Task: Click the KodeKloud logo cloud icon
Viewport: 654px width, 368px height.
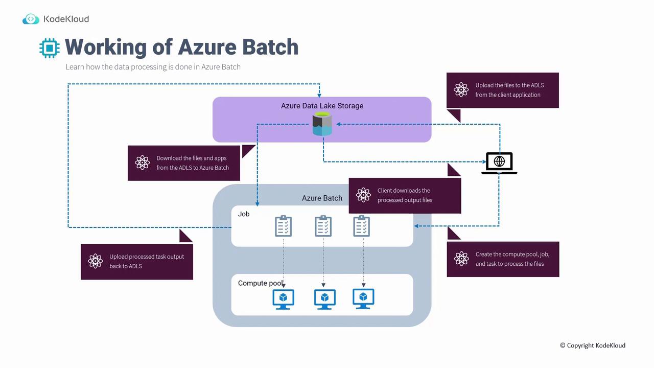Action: pos(31,19)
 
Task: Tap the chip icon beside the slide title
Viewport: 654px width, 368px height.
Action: pos(50,48)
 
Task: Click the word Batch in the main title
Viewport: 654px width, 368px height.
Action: pos(270,47)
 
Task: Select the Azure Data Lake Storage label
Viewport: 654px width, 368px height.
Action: pos(322,106)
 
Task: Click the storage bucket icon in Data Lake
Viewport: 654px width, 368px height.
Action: pos(322,125)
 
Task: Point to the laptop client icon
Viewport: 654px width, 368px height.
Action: pos(499,163)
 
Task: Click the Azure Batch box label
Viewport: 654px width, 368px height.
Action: pos(322,198)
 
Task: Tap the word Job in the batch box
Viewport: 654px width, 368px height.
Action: pos(244,214)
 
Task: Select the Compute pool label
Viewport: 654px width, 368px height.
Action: pos(260,283)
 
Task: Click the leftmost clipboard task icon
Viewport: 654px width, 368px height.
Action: pos(284,226)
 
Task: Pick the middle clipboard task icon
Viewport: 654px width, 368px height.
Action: pos(323,226)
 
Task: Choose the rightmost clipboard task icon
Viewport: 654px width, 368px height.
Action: pos(362,226)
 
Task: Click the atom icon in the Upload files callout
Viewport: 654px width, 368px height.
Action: pos(461,90)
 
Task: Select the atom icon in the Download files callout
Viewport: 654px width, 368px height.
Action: pos(143,163)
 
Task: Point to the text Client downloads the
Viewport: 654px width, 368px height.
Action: pos(404,191)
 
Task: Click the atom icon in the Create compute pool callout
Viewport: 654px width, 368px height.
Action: pos(461,259)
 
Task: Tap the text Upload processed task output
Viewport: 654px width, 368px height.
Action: pos(147,257)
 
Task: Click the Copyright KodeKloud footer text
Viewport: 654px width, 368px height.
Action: pos(593,346)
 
